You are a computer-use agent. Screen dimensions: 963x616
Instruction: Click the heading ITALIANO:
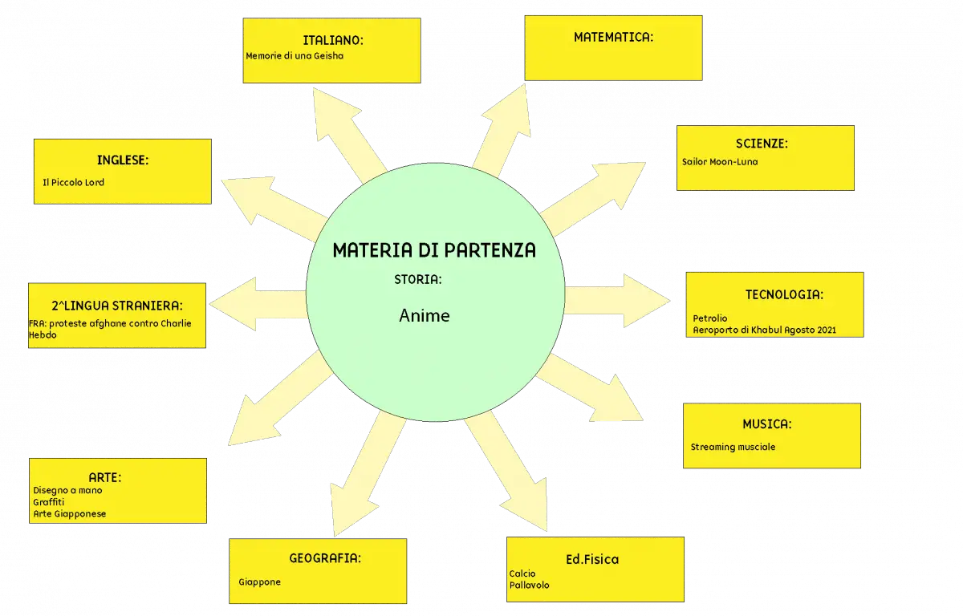point(333,40)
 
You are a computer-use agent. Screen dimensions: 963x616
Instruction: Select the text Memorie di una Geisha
point(295,56)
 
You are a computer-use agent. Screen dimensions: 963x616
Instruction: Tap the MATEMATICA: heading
point(613,38)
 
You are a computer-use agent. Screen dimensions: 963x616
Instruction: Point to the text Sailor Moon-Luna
point(720,162)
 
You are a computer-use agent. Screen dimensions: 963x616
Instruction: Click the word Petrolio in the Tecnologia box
point(709,318)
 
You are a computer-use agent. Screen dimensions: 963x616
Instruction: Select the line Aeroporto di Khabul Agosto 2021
point(764,330)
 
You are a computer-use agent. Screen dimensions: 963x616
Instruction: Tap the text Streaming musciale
point(733,447)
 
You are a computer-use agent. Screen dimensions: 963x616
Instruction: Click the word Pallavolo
point(529,585)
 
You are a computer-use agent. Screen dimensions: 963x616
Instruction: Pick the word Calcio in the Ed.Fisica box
point(522,573)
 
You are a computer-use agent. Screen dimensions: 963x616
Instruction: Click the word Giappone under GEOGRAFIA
point(260,582)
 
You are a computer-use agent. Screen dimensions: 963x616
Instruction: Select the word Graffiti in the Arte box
point(49,502)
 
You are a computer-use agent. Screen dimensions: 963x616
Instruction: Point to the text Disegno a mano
point(67,491)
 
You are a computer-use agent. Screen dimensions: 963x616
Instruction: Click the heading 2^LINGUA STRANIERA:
point(117,306)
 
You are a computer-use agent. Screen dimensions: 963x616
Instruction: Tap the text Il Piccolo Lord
point(73,183)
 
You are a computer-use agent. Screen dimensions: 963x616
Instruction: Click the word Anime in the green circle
point(425,316)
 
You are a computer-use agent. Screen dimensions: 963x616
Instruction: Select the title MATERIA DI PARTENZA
point(434,250)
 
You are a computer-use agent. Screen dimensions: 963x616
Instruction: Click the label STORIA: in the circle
point(418,280)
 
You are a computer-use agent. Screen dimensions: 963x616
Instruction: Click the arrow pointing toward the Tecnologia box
point(617,301)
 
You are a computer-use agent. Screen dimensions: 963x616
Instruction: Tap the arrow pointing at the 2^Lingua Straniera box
point(258,304)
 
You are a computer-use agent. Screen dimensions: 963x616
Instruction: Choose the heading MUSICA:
point(767,424)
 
